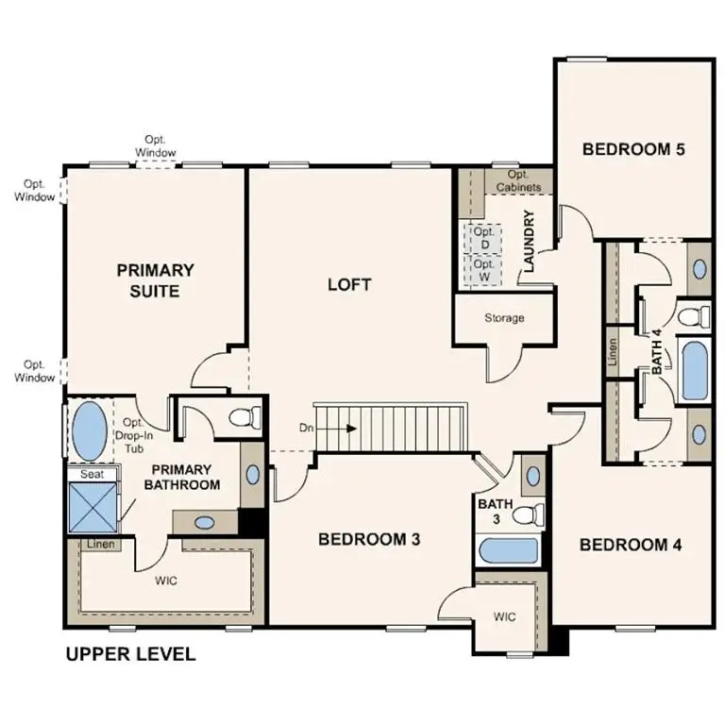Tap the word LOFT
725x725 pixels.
(349, 284)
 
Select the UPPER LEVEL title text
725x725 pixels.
(130, 653)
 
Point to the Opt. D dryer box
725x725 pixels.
(484, 238)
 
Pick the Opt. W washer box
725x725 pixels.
(484, 272)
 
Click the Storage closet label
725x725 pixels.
(504, 318)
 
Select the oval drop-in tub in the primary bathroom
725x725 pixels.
(90, 431)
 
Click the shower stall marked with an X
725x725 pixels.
(93, 508)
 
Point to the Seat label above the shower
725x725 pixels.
(92, 474)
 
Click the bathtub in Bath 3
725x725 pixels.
(508, 550)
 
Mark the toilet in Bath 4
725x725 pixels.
(694, 314)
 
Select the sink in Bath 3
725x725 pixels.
(531, 476)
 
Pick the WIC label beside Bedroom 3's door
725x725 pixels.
(505, 617)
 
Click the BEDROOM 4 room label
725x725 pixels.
(631, 545)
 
